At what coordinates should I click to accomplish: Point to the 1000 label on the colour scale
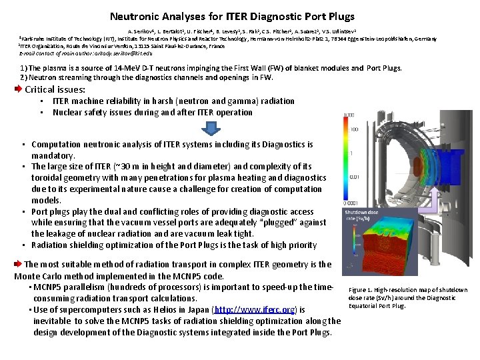click(349, 115)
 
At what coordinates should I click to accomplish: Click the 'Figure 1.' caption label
click(362, 290)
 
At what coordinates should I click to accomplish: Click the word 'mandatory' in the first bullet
click(53, 155)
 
